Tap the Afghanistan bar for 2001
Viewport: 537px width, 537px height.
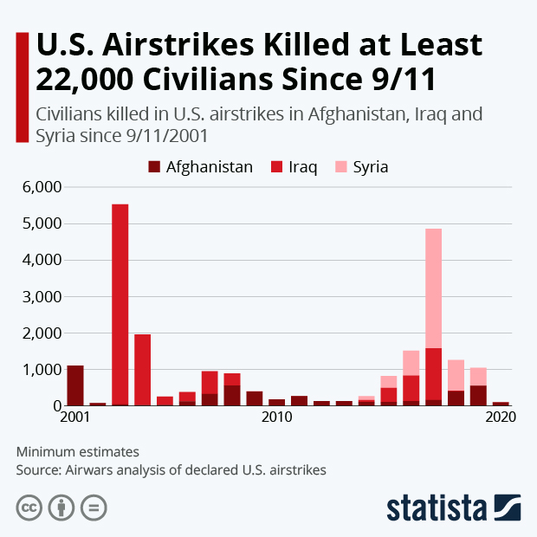[75, 385]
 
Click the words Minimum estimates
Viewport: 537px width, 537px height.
[77, 451]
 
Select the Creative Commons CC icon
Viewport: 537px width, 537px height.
[29, 507]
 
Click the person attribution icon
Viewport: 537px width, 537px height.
[62, 507]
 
